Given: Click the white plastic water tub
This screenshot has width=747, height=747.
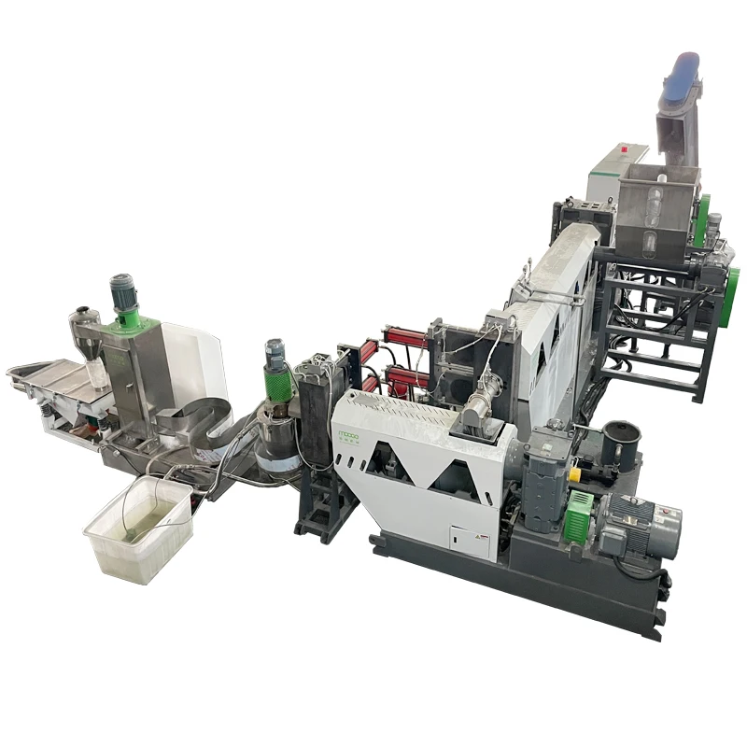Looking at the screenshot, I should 138,529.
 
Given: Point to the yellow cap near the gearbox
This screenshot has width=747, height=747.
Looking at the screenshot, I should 574,474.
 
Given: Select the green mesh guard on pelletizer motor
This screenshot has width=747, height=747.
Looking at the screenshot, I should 277,382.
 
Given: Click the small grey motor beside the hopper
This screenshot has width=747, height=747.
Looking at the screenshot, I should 713,229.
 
